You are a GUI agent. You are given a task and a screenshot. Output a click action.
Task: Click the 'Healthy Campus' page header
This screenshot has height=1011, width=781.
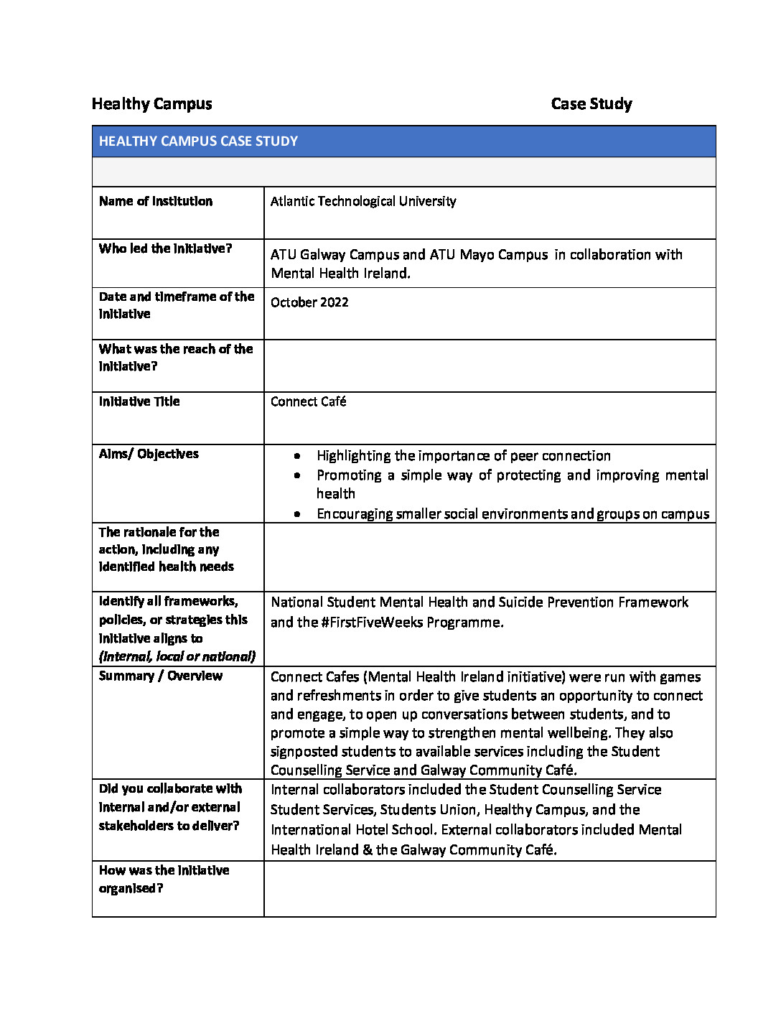click(151, 104)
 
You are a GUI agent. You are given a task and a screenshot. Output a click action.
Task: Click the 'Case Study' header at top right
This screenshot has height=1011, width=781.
click(591, 104)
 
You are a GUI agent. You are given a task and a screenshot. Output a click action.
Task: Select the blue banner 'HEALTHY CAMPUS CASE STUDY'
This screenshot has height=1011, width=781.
click(198, 141)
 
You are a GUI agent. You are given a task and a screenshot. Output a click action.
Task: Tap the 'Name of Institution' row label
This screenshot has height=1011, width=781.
click(156, 201)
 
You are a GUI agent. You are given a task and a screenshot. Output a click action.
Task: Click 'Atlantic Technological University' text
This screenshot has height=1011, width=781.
click(363, 201)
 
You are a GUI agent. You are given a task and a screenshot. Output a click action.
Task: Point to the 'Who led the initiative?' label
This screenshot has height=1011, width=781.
click(165, 248)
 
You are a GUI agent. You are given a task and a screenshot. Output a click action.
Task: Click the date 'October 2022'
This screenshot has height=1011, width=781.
click(309, 302)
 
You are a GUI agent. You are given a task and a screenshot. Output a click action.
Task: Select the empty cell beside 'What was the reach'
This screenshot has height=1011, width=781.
click(490, 365)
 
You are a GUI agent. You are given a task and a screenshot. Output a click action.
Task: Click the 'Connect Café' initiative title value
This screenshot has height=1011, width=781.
click(308, 401)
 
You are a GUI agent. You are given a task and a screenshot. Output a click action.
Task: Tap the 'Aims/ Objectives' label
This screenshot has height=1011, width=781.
click(149, 454)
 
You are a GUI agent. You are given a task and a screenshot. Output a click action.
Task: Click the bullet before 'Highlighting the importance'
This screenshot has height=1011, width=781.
click(297, 456)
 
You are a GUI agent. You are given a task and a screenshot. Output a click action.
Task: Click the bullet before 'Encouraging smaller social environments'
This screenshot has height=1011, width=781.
click(297, 514)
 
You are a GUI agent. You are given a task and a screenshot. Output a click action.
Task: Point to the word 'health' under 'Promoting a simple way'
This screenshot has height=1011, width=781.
click(335, 494)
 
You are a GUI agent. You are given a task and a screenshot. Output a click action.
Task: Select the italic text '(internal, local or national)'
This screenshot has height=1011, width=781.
click(177, 656)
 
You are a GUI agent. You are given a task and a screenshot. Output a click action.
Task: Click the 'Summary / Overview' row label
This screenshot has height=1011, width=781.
click(161, 676)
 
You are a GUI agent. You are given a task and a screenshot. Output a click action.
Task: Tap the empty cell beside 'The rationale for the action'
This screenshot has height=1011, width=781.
click(490, 557)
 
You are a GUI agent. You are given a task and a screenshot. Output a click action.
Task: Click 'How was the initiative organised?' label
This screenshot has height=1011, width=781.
click(164, 879)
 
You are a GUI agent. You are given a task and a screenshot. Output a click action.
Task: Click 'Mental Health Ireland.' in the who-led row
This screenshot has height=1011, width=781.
click(340, 274)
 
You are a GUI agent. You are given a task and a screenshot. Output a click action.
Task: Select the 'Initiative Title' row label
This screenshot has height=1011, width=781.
click(139, 401)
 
